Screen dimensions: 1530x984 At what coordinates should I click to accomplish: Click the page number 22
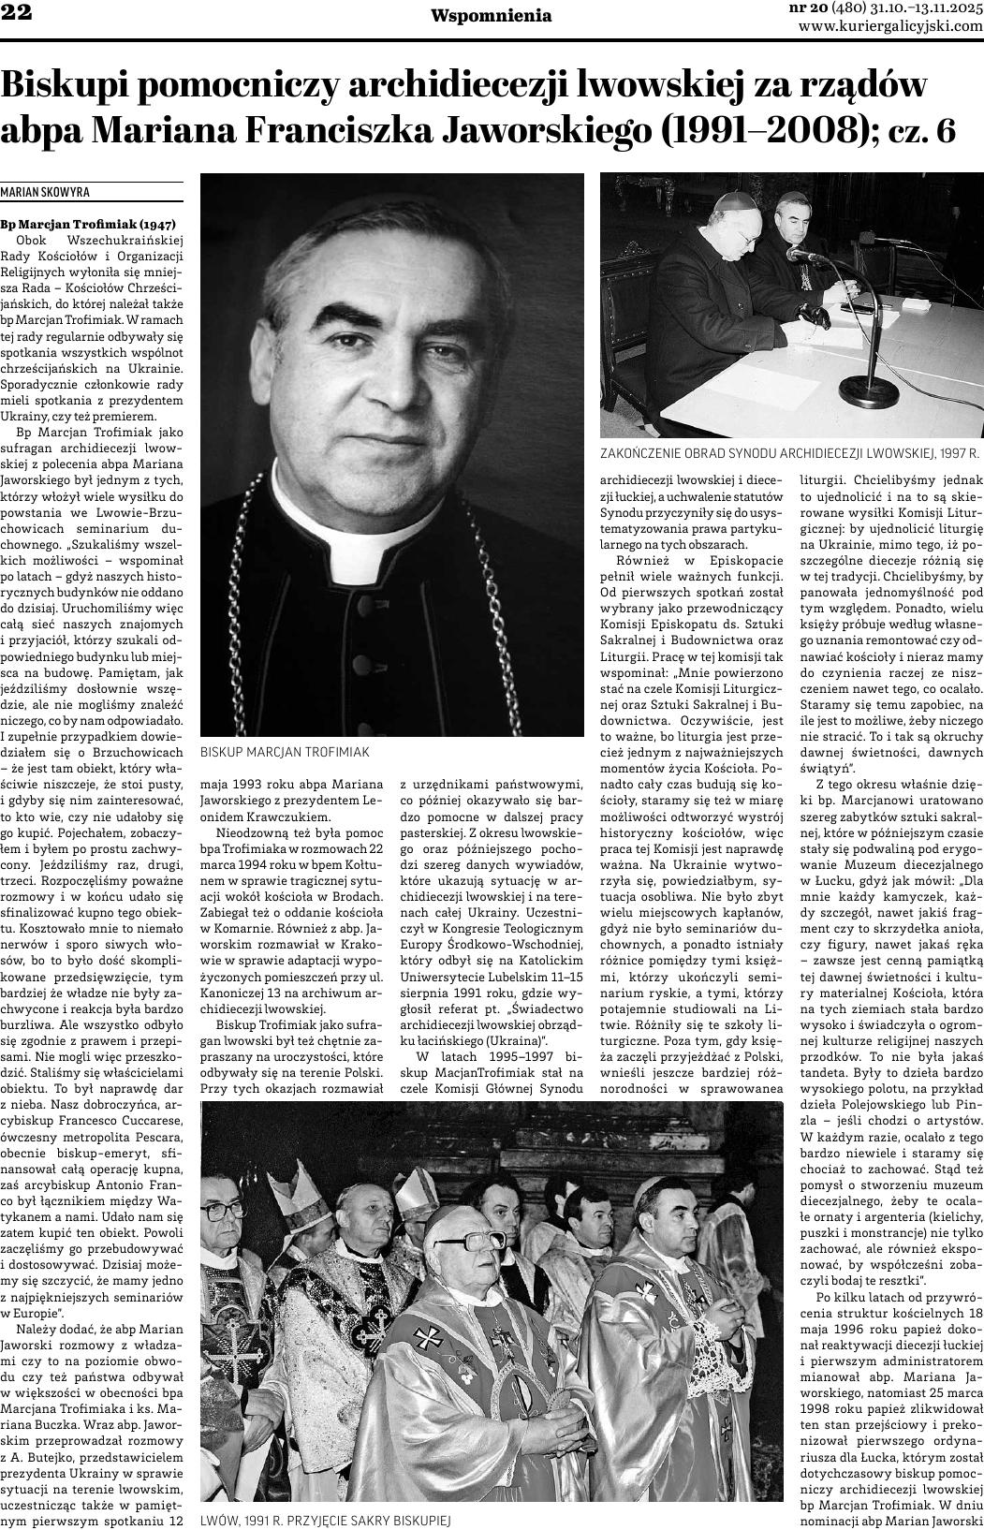(18, 13)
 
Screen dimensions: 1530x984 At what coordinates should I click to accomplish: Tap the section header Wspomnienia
(491, 15)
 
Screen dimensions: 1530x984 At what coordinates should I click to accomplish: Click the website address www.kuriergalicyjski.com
(889, 26)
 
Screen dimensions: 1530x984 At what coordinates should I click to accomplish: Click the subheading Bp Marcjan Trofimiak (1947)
(87, 225)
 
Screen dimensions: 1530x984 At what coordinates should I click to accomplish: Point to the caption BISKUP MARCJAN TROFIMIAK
(286, 752)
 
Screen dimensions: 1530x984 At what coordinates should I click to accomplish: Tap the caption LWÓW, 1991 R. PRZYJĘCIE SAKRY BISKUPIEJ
(326, 1521)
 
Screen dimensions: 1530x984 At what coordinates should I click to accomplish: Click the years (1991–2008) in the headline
(770, 130)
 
